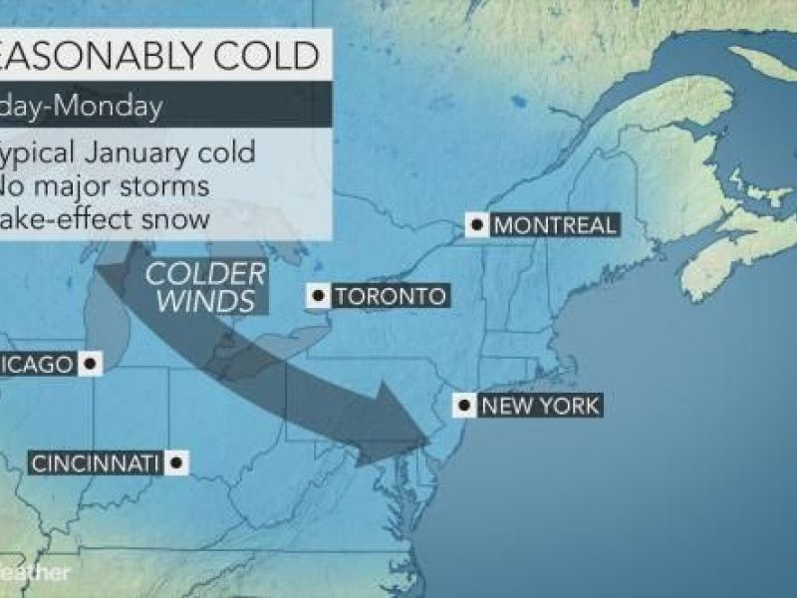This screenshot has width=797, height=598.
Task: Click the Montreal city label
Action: click(555, 225)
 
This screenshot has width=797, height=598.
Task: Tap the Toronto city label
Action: click(389, 296)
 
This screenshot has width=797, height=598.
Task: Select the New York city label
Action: click(539, 406)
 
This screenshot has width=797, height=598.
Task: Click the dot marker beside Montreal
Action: click(478, 225)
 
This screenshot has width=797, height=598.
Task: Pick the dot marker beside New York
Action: click(464, 406)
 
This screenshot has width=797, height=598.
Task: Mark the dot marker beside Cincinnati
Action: click(177, 462)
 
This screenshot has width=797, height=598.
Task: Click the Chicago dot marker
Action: click(91, 365)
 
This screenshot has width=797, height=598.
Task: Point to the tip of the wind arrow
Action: click(427, 435)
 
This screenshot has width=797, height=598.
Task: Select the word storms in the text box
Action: click(158, 184)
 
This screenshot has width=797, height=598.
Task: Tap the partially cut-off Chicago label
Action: click(37, 365)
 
